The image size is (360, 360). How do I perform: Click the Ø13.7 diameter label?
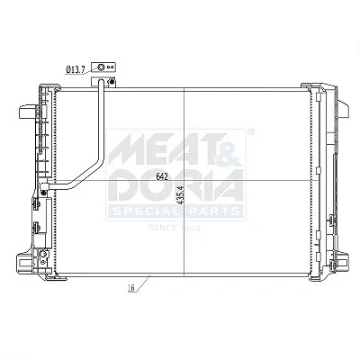pyautogui.click(x=75, y=70)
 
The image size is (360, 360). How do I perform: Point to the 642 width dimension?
pyautogui.click(x=162, y=177)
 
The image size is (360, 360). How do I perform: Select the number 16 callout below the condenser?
pyautogui.click(x=130, y=288)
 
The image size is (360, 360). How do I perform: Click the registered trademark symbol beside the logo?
pyautogui.click(x=251, y=131)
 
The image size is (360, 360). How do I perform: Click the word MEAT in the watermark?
pyautogui.click(x=163, y=149)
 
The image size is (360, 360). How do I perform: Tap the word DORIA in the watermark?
pyautogui.click(x=176, y=185)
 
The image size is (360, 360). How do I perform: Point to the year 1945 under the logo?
pyautogui.click(x=190, y=229)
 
